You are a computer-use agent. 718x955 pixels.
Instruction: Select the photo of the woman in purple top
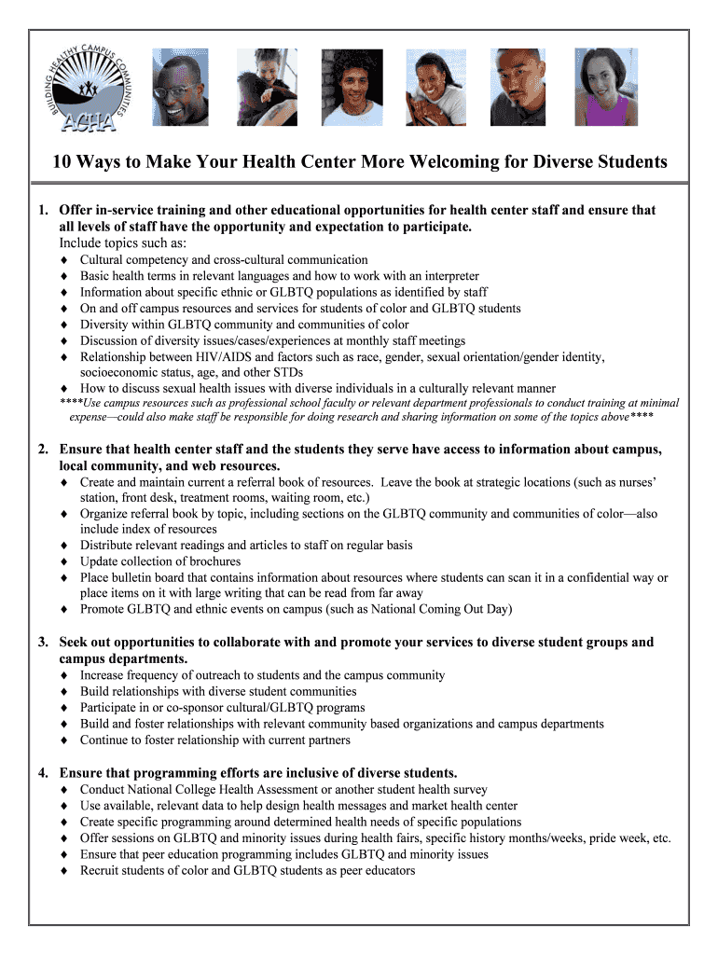[x=607, y=87]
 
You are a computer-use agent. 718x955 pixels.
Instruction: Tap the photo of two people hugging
[x=268, y=87]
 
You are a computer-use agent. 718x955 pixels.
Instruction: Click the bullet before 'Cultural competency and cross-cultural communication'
[x=63, y=260]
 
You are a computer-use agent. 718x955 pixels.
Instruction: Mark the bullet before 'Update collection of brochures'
[x=63, y=561]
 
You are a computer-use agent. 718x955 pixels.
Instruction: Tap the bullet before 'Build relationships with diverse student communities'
[x=63, y=692]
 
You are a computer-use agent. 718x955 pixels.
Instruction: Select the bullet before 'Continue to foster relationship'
[x=63, y=740]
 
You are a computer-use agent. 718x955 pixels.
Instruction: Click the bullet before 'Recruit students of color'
[x=63, y=871]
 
